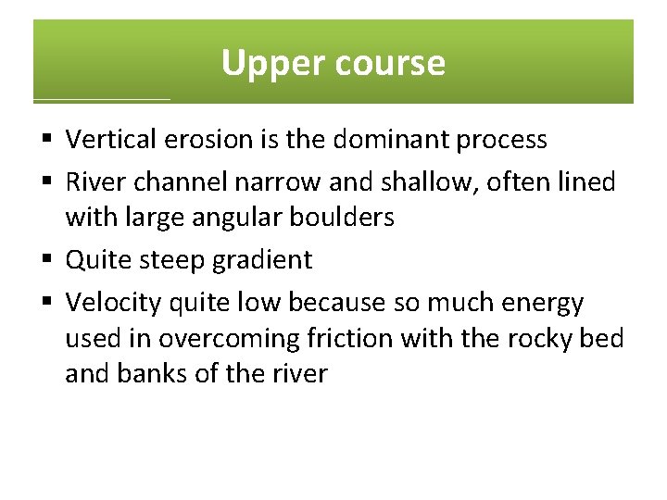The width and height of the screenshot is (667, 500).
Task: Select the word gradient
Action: click(x=264, y=260)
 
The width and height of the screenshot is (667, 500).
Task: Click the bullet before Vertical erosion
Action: click(x=47, y=141)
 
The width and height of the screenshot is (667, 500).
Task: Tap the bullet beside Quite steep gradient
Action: click(x=47, y=260)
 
